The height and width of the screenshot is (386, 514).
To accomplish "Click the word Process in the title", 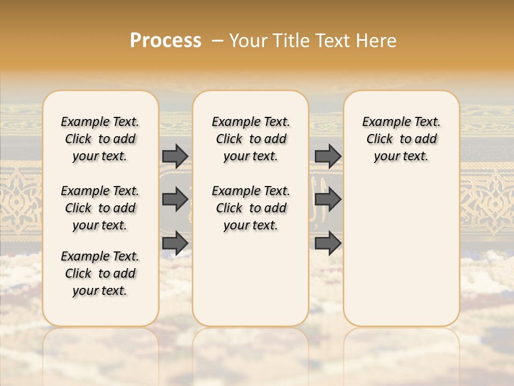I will coord(165,41).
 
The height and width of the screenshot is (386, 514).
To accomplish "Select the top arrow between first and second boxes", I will coord(175,156).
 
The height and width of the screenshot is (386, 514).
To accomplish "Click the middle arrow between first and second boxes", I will coord(175,199).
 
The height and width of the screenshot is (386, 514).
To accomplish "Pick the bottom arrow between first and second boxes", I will coord(175,243).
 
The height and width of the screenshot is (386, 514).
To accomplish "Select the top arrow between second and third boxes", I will coord(328,156).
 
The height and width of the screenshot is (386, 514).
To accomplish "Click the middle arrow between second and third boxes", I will coord(328,199).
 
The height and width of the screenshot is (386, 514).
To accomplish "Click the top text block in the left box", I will coord(100,139).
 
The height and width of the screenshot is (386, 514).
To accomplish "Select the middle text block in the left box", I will coord(100,208).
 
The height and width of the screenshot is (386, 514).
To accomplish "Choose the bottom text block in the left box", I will coord(100,273).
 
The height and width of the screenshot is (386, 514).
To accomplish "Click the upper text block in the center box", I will coord(251,139).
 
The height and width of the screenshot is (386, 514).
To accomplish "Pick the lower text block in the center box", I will coord(251,208).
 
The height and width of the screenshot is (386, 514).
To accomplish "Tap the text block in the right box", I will coord(401,139).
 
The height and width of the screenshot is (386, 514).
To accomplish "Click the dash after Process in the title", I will coord(217,41).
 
